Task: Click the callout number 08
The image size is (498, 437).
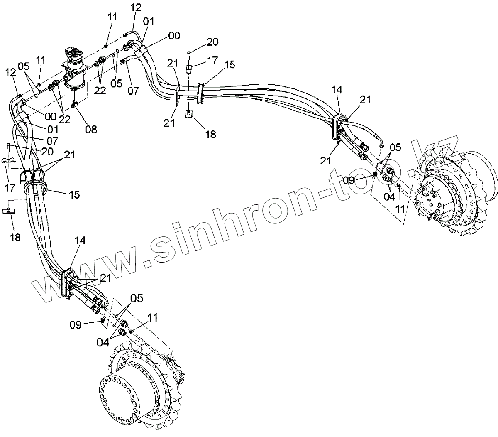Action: click(91, 129)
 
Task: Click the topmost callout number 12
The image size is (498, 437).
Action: click(136, 7)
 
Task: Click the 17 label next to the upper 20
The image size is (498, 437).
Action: click(212, 61)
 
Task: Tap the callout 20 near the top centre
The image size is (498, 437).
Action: click(212, 42)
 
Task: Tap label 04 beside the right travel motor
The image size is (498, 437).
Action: click(389, 196)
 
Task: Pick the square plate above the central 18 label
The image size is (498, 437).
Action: click(189, 113)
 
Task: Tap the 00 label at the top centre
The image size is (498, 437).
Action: click(174, 37)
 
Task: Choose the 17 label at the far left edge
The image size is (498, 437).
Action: click(10, 188)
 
